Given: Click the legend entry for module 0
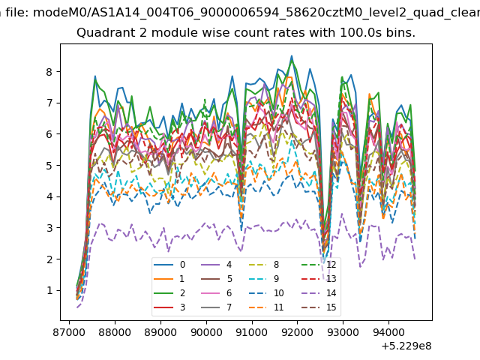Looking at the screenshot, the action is [169, 265].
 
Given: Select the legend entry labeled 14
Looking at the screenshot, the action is [319, 293].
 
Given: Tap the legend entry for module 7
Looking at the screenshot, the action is [216, 307].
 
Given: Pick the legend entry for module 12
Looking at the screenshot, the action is [319, 265].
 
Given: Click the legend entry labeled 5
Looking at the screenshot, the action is [216, 279].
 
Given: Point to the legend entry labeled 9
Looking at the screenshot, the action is [264, 279].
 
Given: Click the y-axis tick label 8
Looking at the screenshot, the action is [49, 72].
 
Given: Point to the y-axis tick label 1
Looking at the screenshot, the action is [49, 290].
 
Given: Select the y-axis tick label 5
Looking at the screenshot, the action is [49, 165].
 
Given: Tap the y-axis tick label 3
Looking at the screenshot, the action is [49, 228].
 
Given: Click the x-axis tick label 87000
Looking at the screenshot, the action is [69, 332].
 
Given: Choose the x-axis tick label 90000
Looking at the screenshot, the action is [206, 332].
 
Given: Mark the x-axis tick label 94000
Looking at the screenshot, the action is [388, 332].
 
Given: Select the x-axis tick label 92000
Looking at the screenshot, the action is [298, 332].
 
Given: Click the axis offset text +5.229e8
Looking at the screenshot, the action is [406, 346].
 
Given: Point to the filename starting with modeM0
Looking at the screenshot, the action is [256, 13].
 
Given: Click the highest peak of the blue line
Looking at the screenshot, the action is [292, 56].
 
